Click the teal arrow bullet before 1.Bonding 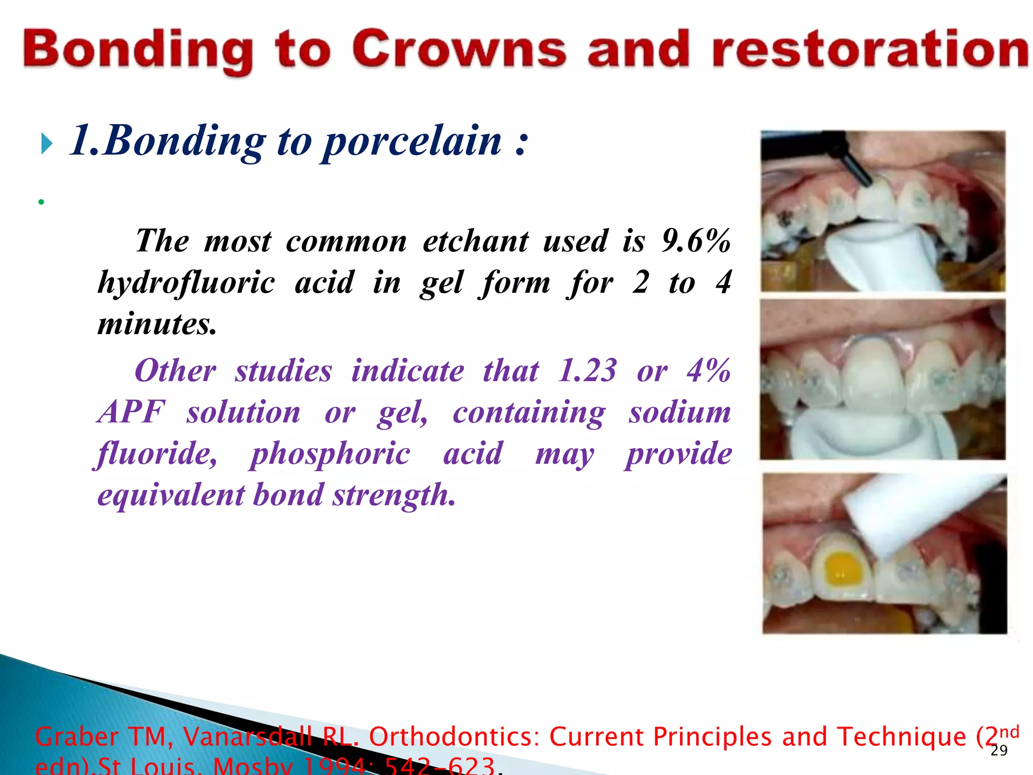tap(46, 144)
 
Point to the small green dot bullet tap(41, 202)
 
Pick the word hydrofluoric tap(186, 283)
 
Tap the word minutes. tap(157, 324)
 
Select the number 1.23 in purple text tap(587, 371)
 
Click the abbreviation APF tap(131, 412)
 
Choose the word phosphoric tap(330, 454)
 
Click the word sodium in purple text tap(679, 412)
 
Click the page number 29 tap(999, 750)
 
